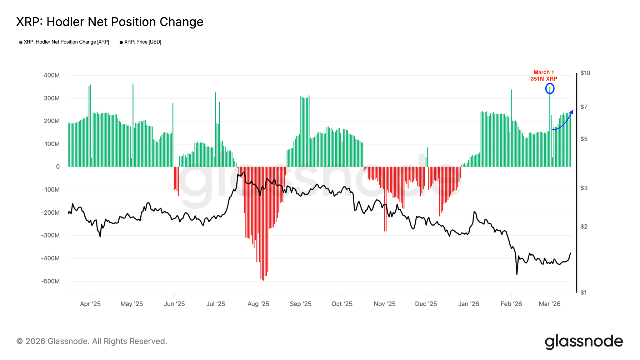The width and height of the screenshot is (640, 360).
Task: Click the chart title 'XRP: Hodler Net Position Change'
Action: [110, 22]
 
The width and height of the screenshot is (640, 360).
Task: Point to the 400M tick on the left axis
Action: [52, 75]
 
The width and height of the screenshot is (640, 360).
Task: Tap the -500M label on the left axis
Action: [50, 281]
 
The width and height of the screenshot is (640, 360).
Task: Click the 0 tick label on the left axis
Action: [58, 167]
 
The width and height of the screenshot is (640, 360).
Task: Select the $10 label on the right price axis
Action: [585, 73]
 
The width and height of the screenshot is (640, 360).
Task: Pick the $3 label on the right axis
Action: [584, 188]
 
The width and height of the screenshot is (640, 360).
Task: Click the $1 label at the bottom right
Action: [583, 292]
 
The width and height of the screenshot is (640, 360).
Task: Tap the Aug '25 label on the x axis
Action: [258, 304]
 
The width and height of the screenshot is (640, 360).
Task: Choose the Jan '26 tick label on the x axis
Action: [468, 304]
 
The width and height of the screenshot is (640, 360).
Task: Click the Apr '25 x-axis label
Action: [90, 304]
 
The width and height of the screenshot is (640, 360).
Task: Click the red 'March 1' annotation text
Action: [544, 72]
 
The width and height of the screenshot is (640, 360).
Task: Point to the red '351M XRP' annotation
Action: [544, 79]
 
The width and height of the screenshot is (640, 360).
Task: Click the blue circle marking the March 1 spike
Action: [550, 89]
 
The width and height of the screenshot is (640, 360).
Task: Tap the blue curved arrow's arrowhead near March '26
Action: [572, 112]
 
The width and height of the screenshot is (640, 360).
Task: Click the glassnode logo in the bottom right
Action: [584, 342]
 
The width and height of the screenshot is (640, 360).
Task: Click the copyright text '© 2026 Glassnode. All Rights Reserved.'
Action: [92, 341]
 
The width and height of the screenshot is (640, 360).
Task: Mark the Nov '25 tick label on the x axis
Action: [384, 304]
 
